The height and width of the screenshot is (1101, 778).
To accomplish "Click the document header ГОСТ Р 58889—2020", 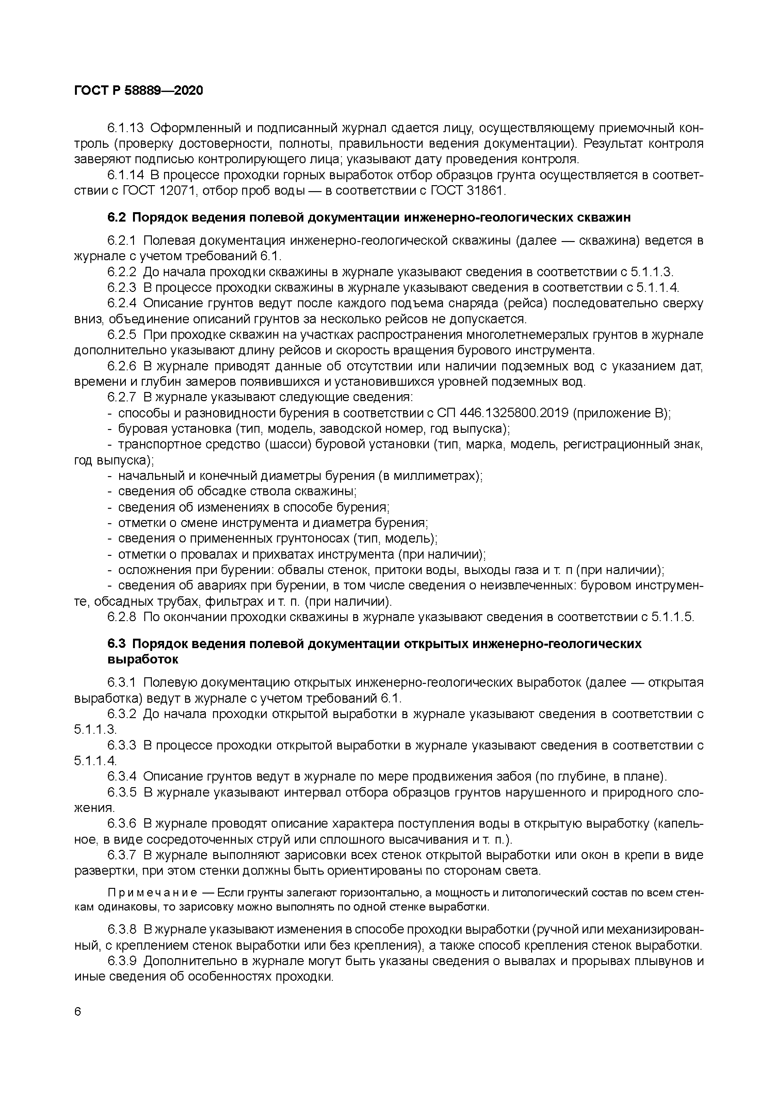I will [x=139, y=90].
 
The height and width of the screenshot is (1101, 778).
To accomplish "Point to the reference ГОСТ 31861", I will [x=467, y=191].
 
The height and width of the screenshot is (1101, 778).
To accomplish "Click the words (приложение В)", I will [x=621, y=413].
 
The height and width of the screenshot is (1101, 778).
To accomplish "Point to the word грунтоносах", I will [x=314, y=539].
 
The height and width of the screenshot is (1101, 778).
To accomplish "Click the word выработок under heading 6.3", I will [x=143, y=659].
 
